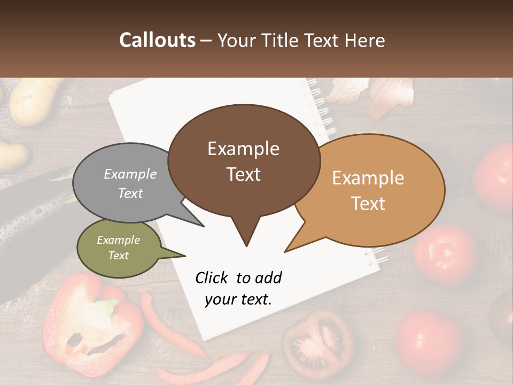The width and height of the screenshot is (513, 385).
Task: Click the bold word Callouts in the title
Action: (157, 40)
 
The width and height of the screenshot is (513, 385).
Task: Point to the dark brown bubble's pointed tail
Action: (246, 235)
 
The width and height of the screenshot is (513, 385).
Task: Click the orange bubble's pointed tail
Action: (294, 246)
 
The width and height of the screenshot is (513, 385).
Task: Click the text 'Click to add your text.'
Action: (238, 288)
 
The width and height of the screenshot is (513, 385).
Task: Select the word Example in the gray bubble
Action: (130, 174)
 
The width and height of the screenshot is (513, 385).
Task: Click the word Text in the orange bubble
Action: (368, 204)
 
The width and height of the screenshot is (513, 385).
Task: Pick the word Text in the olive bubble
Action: (118, 256)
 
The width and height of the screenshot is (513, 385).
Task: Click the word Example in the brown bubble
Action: (243, 149)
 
